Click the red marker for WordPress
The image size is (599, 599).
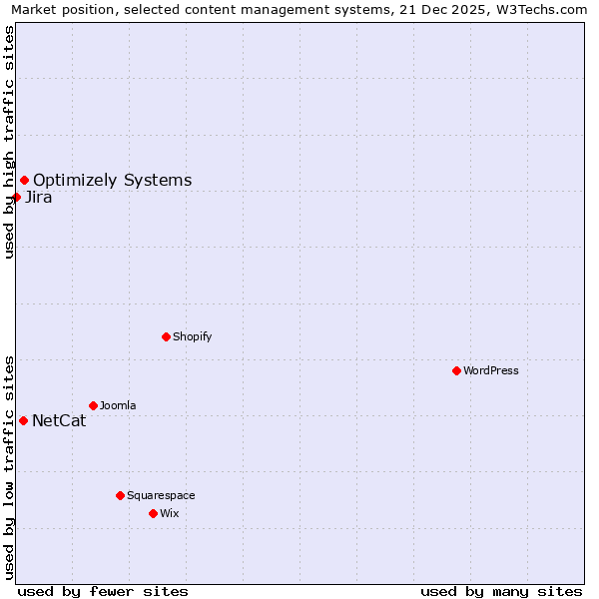tap(456, 370)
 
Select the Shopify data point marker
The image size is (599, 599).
tap(166, 336)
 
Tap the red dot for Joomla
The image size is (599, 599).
tap(93, 405)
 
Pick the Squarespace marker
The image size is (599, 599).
tap(120, 495)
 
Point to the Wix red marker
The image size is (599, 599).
tap(153, 513)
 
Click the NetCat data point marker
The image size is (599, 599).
tap(23, 420)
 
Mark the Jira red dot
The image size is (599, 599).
tap(16, 197)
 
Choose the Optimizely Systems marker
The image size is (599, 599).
tap(24, 180)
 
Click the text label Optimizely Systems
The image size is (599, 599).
tap(112, 181)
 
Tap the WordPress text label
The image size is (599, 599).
tap(490, 370)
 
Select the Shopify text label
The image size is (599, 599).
tap(192, 336)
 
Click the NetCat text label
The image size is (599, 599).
tap(59, 420)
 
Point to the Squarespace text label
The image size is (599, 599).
tap(161, 495)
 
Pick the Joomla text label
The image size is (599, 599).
tap(118, 405)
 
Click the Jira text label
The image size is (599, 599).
tap(39, 197)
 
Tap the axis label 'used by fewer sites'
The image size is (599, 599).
tap(103, 591)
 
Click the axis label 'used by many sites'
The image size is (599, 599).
tap(501, 591)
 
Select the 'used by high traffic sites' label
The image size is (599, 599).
tap(9, 142)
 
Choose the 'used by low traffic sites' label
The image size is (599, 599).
tap(9, 466)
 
